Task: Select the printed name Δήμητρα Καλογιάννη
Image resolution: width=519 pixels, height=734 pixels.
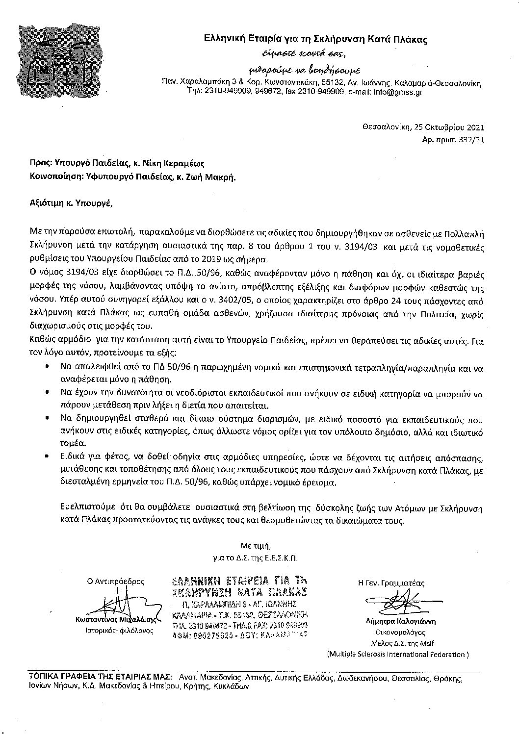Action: [401, 621]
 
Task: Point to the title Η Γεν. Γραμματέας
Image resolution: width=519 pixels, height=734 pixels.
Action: [391, 583]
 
